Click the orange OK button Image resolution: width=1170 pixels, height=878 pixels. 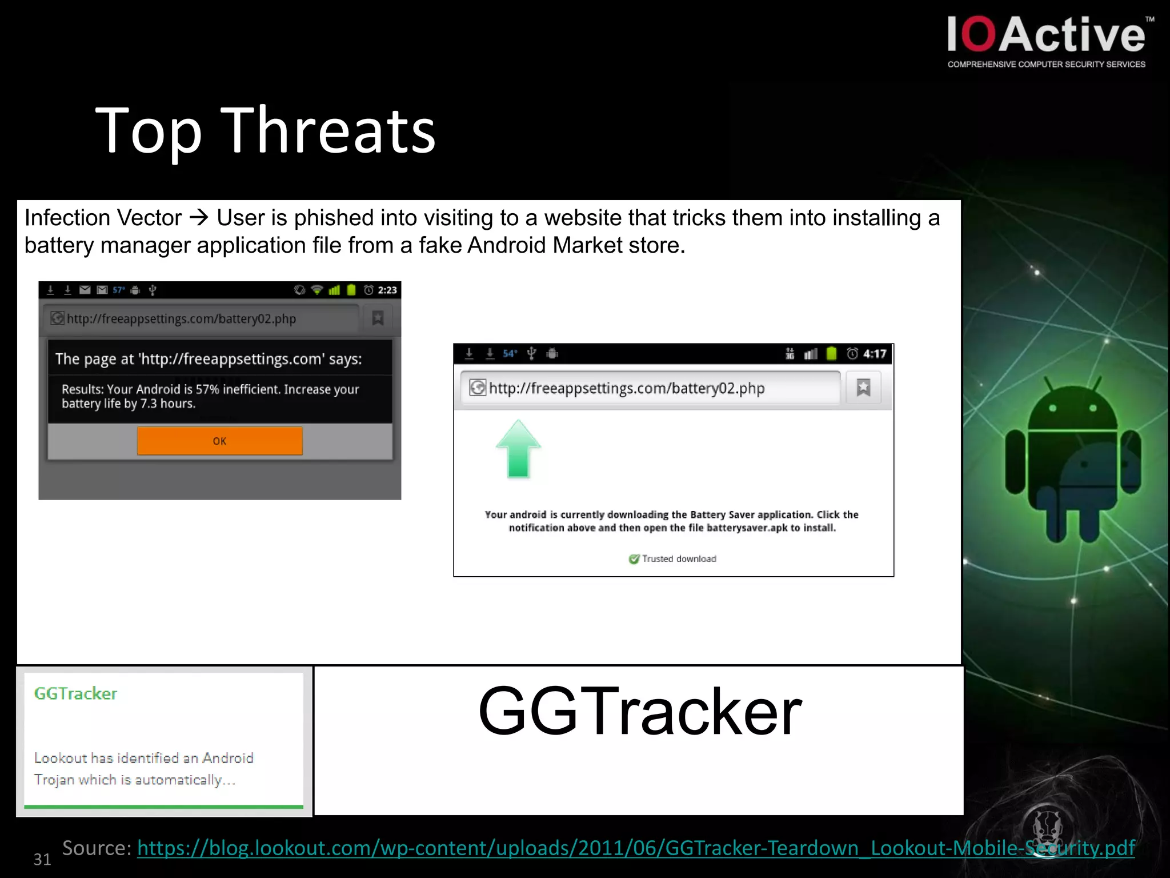[219, 441]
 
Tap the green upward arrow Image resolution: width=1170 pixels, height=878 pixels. [518, 449]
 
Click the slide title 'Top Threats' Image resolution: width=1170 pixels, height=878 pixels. [265, 131]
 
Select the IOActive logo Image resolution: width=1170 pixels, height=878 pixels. [1047, 35]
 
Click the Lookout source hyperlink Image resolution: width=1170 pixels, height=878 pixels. [635, 848]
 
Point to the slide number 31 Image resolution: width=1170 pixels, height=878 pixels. [42, 859]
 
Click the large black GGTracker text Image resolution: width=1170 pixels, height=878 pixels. [640, 711]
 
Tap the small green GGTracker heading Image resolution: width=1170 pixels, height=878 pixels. [75, 693]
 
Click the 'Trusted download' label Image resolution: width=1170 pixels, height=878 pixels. [679, 558]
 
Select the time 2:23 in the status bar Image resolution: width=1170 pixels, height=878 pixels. [387, 290]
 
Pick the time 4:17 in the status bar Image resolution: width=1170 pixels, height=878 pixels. [874, 354]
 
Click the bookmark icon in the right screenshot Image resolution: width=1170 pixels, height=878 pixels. [863, 388]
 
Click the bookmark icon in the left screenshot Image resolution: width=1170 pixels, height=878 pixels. [378, 318]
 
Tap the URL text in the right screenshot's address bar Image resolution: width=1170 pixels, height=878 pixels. [627, 388]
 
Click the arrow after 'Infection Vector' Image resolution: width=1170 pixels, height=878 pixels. [199, 218]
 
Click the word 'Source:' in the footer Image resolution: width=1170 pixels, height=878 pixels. [97, 848]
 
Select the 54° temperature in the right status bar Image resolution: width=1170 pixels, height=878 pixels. [510, 354]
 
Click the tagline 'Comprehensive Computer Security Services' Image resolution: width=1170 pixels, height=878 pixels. [1046, 65]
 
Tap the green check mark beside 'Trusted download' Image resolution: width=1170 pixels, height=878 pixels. [634, 558]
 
